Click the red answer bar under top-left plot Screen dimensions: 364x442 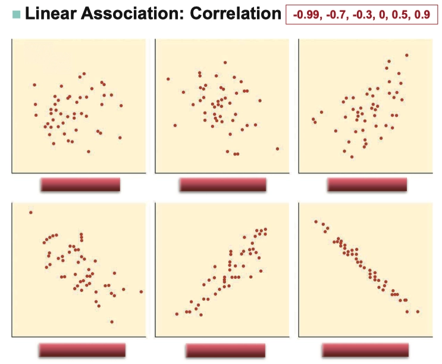click(x=80, y=185)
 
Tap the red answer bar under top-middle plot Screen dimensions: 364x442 click(x=222, y=185)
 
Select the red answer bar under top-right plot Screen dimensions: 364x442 click(x=366, y=185)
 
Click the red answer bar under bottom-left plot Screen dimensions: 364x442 click(x=82, y=350)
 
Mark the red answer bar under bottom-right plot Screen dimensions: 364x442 click(x=365, y=350)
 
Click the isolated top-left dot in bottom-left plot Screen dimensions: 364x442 click(x=30, y=212)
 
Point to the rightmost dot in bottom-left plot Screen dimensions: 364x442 click(x=141, y=292)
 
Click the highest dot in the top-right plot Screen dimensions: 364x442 click(x=407, y=55)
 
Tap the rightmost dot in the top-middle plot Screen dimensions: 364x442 click(x=277, y=149)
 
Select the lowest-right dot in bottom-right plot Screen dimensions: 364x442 click(x=418, y=312)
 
